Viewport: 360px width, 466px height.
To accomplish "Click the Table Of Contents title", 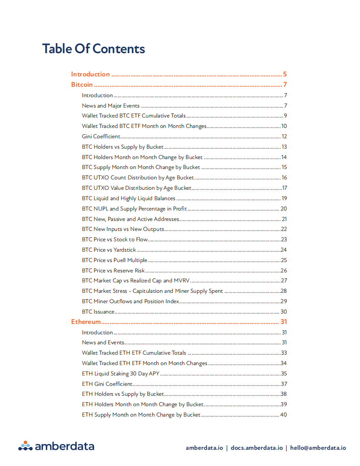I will click(x=94, y=49).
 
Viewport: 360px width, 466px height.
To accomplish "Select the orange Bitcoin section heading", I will click(x=82, y=85).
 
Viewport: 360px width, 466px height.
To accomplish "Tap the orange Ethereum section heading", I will click(x=86, y=322).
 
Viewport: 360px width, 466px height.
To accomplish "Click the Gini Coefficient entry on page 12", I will click(x=101, y=137).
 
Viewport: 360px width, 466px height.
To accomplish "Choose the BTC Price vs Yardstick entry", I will click(x=109, y=250).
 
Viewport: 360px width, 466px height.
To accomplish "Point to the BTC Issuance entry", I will click(x=98, y=312).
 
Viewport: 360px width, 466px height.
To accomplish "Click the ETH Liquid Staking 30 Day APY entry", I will click(x=121, y=374).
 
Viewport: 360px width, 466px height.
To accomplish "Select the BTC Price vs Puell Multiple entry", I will click(x=114, y=260).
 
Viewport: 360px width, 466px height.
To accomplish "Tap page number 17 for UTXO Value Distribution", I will click(x=284, y=188).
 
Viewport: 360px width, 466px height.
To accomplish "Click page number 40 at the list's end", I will click(x=284, y=415).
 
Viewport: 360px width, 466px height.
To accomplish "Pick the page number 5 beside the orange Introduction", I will click(x=285, y=74).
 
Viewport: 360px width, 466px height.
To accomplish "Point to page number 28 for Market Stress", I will click(x=284, y=291).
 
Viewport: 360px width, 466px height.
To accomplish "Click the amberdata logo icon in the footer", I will click(x=25, y=446).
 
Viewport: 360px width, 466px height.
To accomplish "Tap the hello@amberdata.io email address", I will click(x=318, y=448).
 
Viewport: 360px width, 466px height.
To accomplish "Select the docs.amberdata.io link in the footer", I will click(x=256, y=448).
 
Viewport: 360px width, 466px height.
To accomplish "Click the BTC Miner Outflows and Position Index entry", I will click(x=131, y=302).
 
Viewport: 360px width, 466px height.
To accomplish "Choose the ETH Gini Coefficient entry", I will click(x=107, y=384).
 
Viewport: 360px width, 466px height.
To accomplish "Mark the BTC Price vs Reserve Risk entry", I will click(x=113, y=271).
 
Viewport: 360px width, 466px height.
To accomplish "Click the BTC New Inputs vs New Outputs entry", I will click(x=123, y=229).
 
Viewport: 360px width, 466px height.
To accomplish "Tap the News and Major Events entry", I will click(x=111, y=106).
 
